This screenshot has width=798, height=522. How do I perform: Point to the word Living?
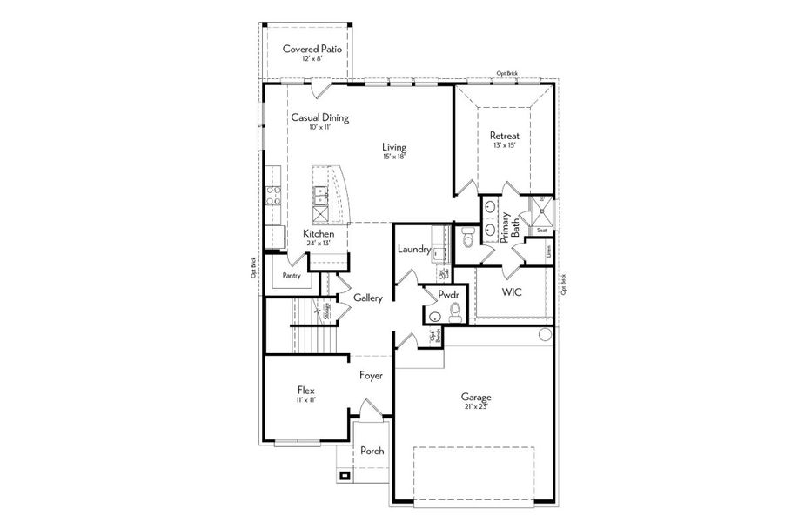coord(394,147)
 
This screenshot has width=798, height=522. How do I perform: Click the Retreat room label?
coord(504,136)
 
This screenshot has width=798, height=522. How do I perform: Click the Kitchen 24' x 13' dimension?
coord(319,244)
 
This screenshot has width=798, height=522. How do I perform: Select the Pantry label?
coord(292,276)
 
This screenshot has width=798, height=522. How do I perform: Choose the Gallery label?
coord(368,298)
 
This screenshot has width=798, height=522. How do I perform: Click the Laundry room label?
coord(414,250)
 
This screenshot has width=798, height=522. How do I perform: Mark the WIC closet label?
coord(511,292)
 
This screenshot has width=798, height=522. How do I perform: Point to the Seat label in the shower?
coord(541,230)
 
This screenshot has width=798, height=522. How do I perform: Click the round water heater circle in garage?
coord(545,334)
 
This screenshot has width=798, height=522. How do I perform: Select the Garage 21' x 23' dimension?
coord(476,407)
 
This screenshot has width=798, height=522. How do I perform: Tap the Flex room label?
coord(305,391)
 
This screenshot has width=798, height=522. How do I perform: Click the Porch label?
coord(372,451)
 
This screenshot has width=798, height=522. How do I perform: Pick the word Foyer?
coord(372,375)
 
